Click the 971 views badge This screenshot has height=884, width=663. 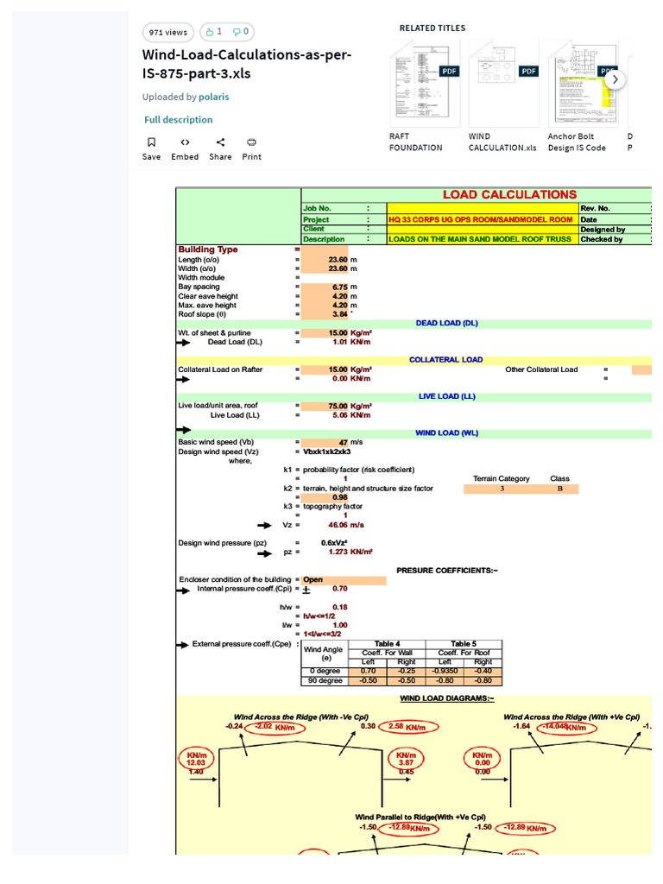(x=167, y=33)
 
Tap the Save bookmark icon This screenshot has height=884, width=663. (x=151, y=142)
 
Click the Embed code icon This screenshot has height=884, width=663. (x=185, y=142)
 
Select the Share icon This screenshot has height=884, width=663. (x=220, y=142)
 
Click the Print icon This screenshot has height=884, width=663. (x=251, y=142)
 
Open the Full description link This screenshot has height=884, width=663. (x=178, y=120)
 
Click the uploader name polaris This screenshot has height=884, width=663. (x=213, y=98)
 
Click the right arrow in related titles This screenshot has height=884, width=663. (x=615, y=79)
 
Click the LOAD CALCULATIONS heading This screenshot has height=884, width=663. (x=509, y=195)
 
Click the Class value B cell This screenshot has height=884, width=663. (x=559, y=489)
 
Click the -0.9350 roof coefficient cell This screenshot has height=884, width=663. (x=445, y=671)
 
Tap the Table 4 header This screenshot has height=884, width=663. (x=386, y=644)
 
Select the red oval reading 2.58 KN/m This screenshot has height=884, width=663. (x=409, y=727)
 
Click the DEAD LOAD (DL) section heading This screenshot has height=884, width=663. (x=446, y=324)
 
